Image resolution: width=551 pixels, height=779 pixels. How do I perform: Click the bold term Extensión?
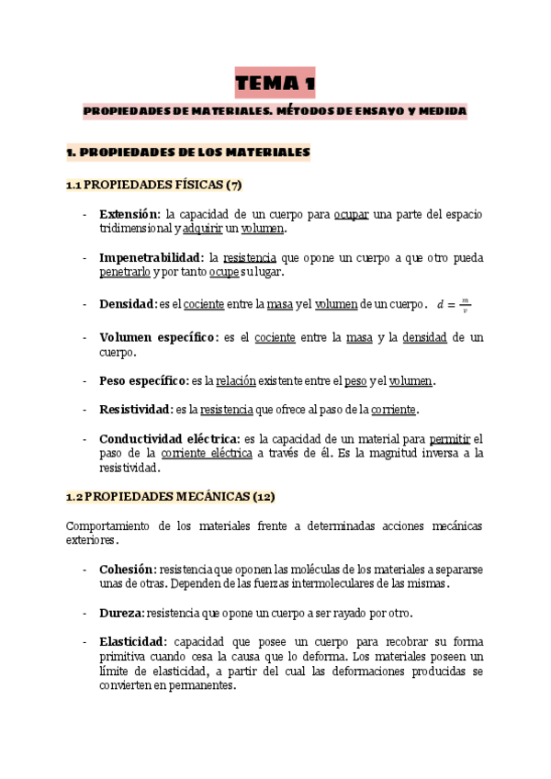[x=129, y=214]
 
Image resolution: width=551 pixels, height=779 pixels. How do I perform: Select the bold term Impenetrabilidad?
[x=152, y=258]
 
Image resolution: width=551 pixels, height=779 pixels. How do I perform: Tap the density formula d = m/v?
[x=454, y=304]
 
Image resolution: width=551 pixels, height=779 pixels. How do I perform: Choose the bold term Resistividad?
[x=135, y=409]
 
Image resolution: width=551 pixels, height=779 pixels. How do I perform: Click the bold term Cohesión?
[x=127, y=570]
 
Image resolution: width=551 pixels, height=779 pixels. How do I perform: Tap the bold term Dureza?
[x=121, y=614]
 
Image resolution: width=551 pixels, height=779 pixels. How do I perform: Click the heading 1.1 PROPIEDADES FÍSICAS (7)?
[x=153, y=185]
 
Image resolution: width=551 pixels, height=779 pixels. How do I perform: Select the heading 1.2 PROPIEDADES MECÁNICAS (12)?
[x=170, y=496]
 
